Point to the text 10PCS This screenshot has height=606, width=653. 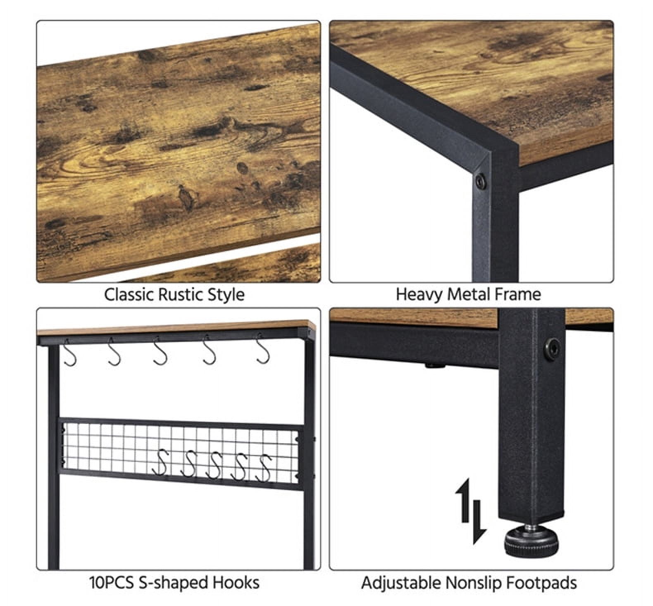[112, 583]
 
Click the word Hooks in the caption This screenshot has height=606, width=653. [236, 582]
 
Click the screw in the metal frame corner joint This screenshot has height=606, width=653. [480, 181]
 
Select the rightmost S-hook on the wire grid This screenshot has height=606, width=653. [264, 468]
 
